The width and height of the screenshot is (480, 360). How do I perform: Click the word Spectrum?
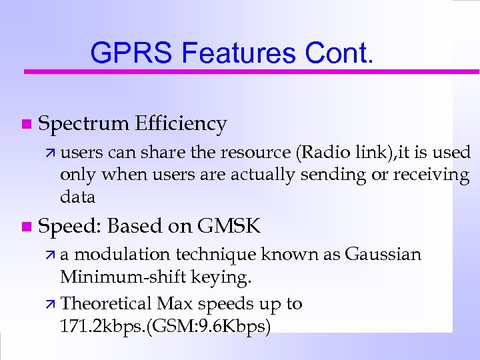(84, 124)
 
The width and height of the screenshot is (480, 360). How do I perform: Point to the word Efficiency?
(181, 124)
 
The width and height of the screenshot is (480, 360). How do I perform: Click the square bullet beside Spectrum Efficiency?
(25, 124)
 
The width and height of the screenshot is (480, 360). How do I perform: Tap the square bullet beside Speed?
(25, 227)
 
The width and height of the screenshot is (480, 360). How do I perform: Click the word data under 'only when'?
(77, 197)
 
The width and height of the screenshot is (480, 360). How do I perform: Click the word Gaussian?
(383, 255)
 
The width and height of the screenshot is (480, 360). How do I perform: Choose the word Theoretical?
(107, 304)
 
